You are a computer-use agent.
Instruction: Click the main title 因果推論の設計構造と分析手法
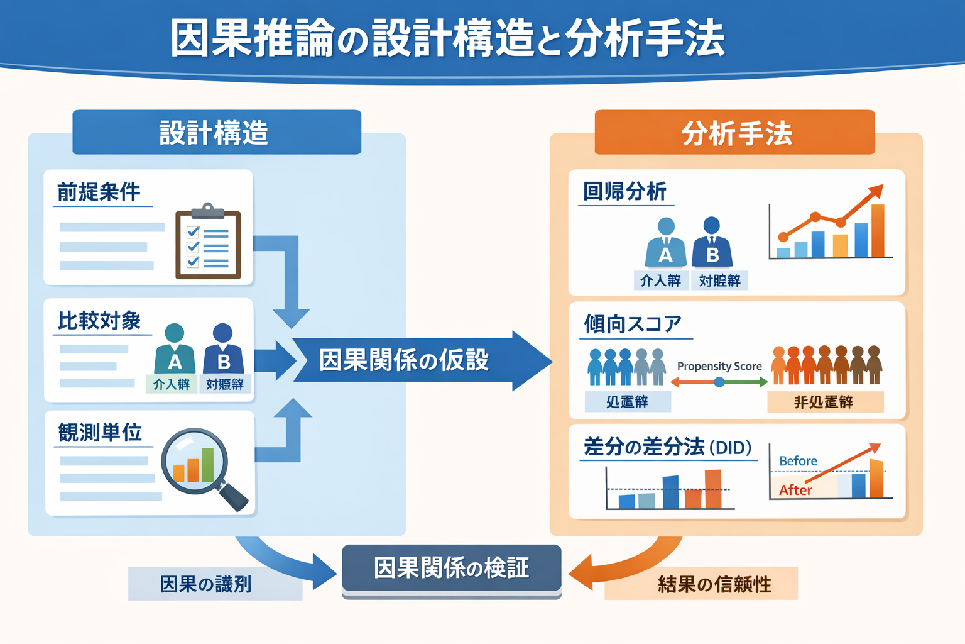point(447,39)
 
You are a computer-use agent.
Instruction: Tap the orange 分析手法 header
point(734,133)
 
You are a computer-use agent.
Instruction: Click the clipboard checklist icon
point(208,241)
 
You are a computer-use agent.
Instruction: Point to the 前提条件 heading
point(99,192)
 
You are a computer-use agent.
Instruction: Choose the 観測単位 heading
point(100,433)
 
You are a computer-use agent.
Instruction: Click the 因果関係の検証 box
point(451,568)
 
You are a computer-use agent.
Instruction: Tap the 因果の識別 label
point(206,584)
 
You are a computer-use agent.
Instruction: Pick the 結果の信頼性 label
point(714,584)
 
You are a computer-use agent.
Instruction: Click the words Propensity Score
point(719,366)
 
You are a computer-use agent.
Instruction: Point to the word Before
point(798,461)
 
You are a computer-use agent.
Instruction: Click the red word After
point(795,490)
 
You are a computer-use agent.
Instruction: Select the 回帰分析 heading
point(624,191)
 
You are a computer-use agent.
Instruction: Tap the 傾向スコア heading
point(632,324)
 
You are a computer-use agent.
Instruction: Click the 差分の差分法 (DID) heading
point(667,447)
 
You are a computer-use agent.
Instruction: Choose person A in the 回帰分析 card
point(666,243)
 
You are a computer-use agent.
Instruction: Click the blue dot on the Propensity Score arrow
point(719,382)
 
